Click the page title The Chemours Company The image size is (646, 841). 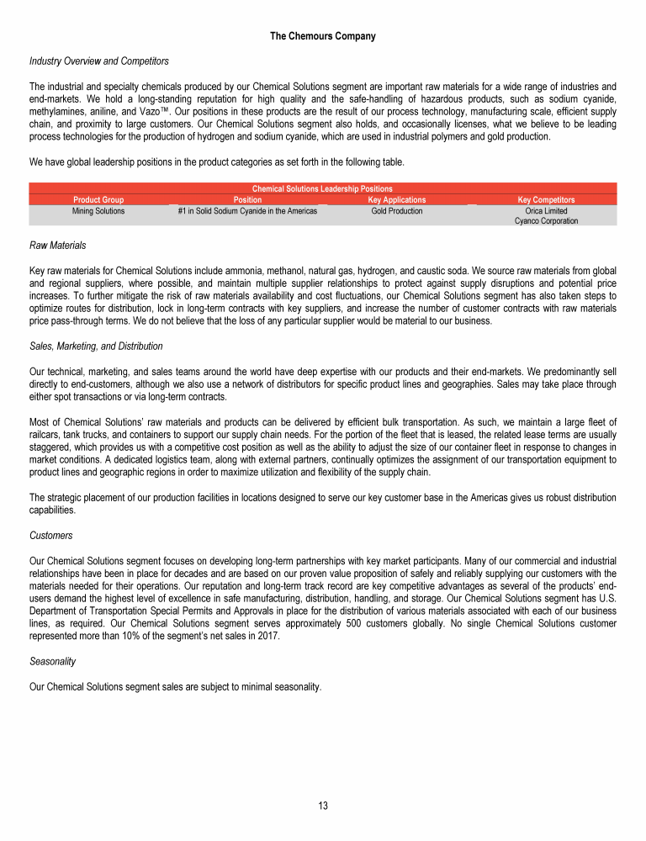click(323, 36)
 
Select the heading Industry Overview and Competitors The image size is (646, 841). click(98, 61)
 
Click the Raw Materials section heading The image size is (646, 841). click(57, 246)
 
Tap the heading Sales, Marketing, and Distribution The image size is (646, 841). click(96, 346)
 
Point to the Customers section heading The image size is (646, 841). click(50, 535)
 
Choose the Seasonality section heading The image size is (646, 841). click(54, 662)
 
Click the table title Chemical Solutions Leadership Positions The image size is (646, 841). click(323, 189)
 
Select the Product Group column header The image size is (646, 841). click(98, 200)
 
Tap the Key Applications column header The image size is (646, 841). click(397, 200)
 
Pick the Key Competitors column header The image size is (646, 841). click(546, 200)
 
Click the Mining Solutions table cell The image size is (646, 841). click(98, 211)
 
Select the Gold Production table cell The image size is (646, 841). click(397, 211)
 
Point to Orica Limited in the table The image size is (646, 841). click(546, 211)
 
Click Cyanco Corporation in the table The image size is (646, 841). click(546, 221)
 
